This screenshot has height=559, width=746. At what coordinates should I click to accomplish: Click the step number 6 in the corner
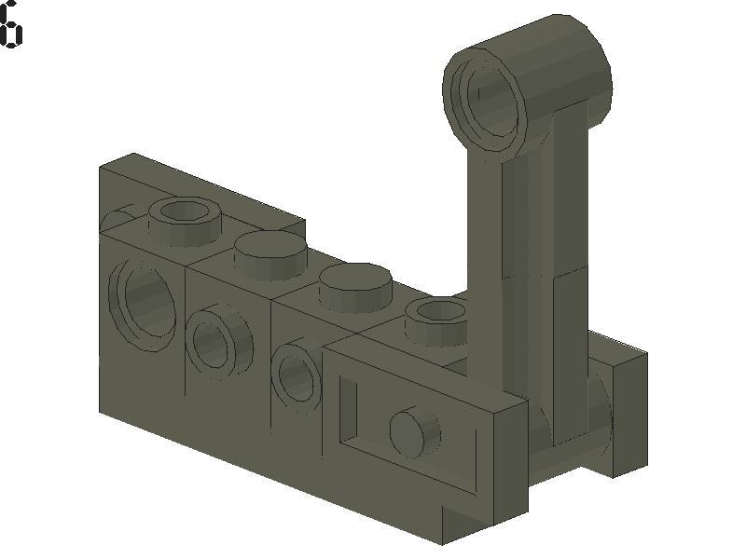pos(10,25)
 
